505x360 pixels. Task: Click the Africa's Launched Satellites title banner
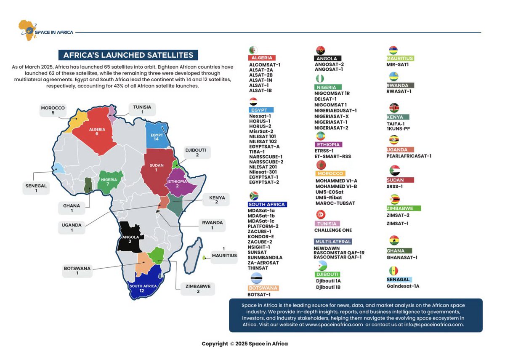point(128,55)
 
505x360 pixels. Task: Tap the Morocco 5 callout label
point(53,110)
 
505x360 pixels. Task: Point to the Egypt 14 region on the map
point(156,136)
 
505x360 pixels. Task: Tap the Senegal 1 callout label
point(36,188)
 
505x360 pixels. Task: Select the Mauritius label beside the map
point(224,256)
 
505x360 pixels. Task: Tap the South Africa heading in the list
point(267,205)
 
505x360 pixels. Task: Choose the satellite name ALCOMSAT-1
point(265,65)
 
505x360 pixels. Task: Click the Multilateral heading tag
point(333,242)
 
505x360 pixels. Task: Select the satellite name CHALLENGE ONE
point(333,230)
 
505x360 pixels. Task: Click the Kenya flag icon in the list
point(394,108)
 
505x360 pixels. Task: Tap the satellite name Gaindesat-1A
point(403,286)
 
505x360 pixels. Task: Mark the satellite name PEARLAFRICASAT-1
point(409,156)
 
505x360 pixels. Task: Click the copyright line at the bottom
point(245,344)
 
